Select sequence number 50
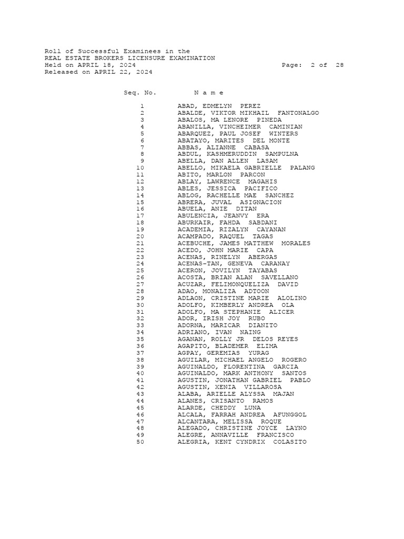pos(140,442)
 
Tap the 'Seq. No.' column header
pos(140,93)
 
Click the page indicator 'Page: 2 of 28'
pos(312,65)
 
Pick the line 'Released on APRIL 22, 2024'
pos(98,72)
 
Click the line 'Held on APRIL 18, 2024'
pos(90,65)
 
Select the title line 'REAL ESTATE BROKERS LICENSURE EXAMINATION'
pos(129,58)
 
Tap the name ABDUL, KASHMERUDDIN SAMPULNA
pos(238,154)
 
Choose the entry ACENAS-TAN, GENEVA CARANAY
pos(234,264)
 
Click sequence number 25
pos(140,271)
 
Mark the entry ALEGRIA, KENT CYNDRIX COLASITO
pos(242,442)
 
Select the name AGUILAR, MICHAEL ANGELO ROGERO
pos(242,360)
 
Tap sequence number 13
pos(140,188)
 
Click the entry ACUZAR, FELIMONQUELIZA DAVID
pos(238,284)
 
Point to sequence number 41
pos(140,380)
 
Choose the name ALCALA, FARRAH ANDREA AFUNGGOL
pos(242,415)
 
